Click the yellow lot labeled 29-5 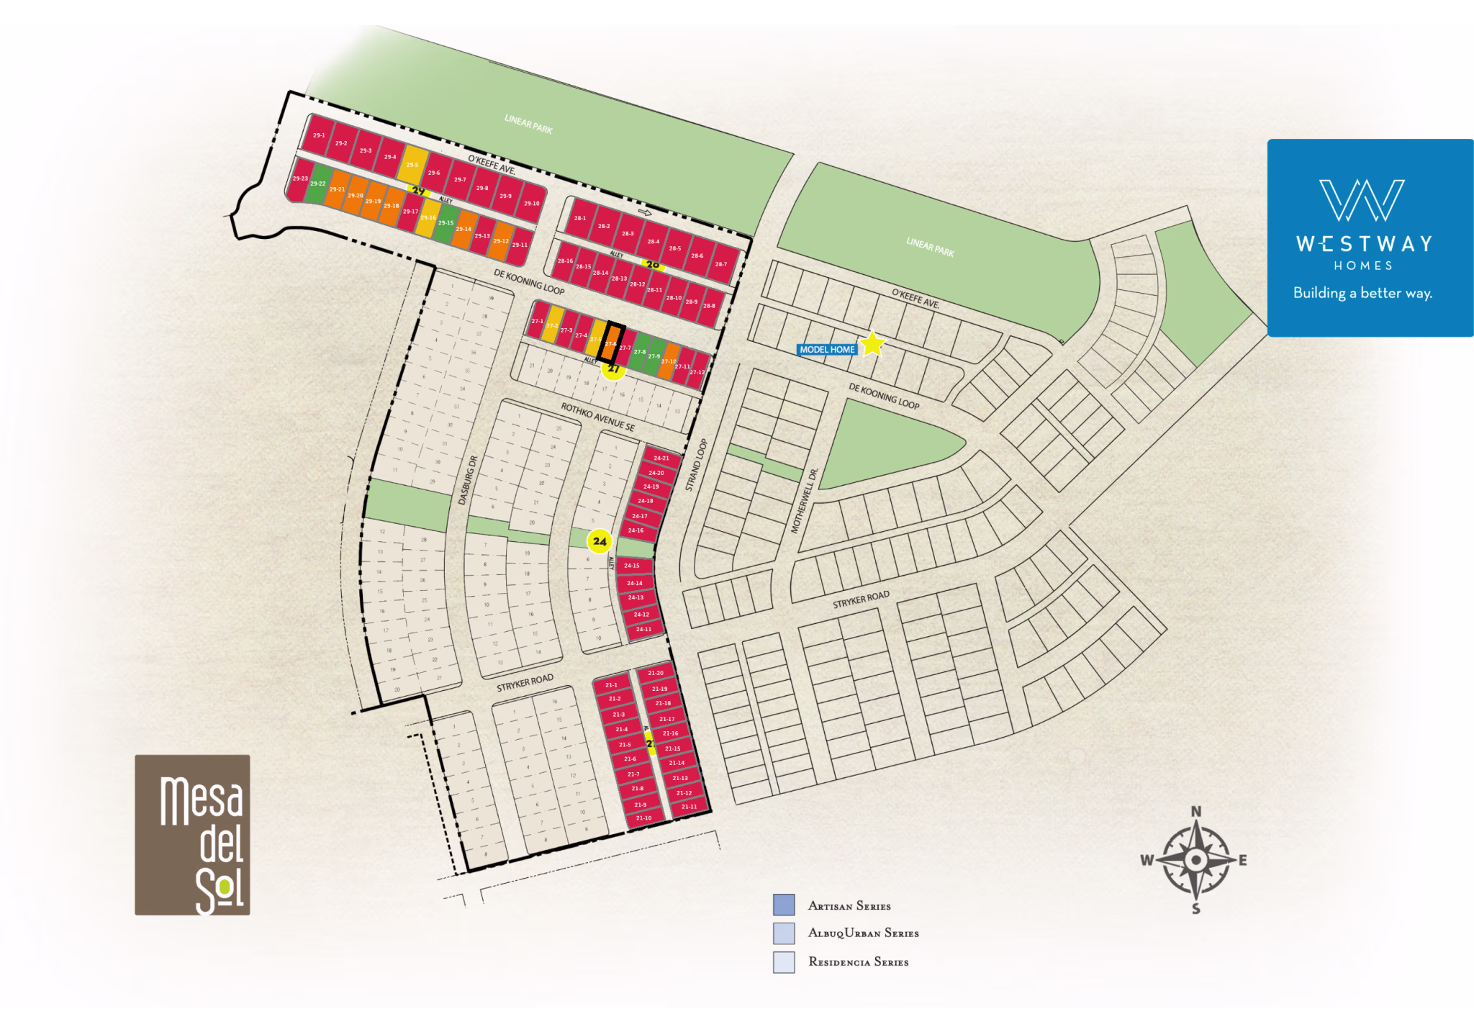click(x=412, y=165)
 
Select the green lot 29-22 click(x=318, y=185)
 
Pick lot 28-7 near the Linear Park click(x=720, y=263)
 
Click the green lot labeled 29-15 click(x=446, y=222)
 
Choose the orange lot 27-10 click(x=669, y=361)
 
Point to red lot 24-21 click(x=661, y=458)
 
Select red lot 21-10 click(x=643, y=818)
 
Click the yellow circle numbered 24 click(x=600, y=541)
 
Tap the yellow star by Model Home click(x=872, y=344)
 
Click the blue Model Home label click(x=827, y=350)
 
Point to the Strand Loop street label click(x=696, y=465)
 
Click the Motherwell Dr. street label click(x=805, y=501)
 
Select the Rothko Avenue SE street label click(x=597, y=417)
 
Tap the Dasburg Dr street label click(x=468, y=480)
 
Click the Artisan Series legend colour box click(x=783, y=905)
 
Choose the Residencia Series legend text click(x=858, y=962)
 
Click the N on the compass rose click(x=1196, y=812)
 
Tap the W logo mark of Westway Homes click(x=1361, y=200)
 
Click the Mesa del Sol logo click(x=192, y=835)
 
